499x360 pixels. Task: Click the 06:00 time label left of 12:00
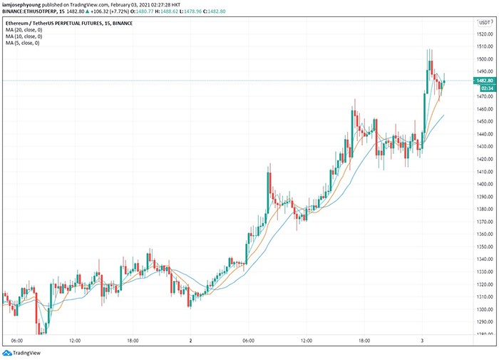pos(18,341)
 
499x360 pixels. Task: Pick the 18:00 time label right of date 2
pos(364,341)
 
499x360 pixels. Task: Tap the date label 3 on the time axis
pos(423,341)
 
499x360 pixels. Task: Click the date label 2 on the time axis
pos(191,341)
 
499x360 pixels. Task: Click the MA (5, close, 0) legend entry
pos(22,43)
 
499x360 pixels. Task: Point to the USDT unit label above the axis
pos(483,23)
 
